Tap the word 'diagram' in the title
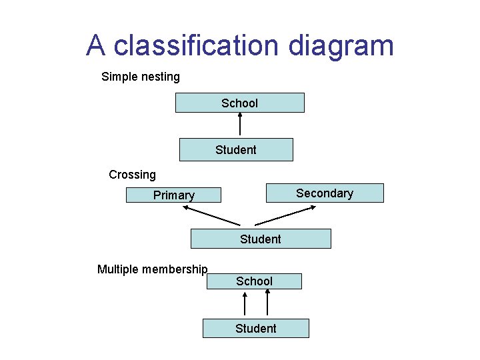(341, 47)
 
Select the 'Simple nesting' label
(141, 77)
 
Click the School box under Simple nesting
(239, 103)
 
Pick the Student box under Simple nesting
(236, 150)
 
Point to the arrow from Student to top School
(240, 125)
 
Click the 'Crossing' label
(132, 175)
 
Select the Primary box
(173, 195)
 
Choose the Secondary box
(325, 193)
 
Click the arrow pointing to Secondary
(285, 215)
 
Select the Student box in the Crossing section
(261, 239)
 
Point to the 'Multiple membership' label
(153, 269)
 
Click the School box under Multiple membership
(254, 281)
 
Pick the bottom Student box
(255, 328)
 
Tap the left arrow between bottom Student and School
(245, 304)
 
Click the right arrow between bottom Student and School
(267, 304)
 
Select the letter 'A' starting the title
(96, 45)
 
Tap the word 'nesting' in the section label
(160, 77)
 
